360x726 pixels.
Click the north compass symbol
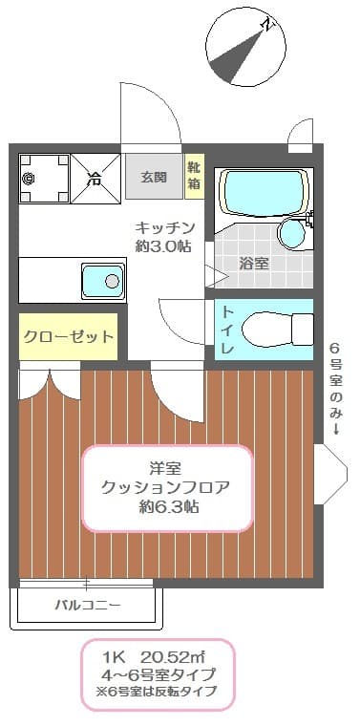pos(245,44)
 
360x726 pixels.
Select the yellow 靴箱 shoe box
pos(194,176)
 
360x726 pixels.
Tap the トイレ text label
pos(228,331)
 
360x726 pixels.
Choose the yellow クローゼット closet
pos(68,336)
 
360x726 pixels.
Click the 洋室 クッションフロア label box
pos(167,488)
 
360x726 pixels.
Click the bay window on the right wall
pos(328,476)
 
